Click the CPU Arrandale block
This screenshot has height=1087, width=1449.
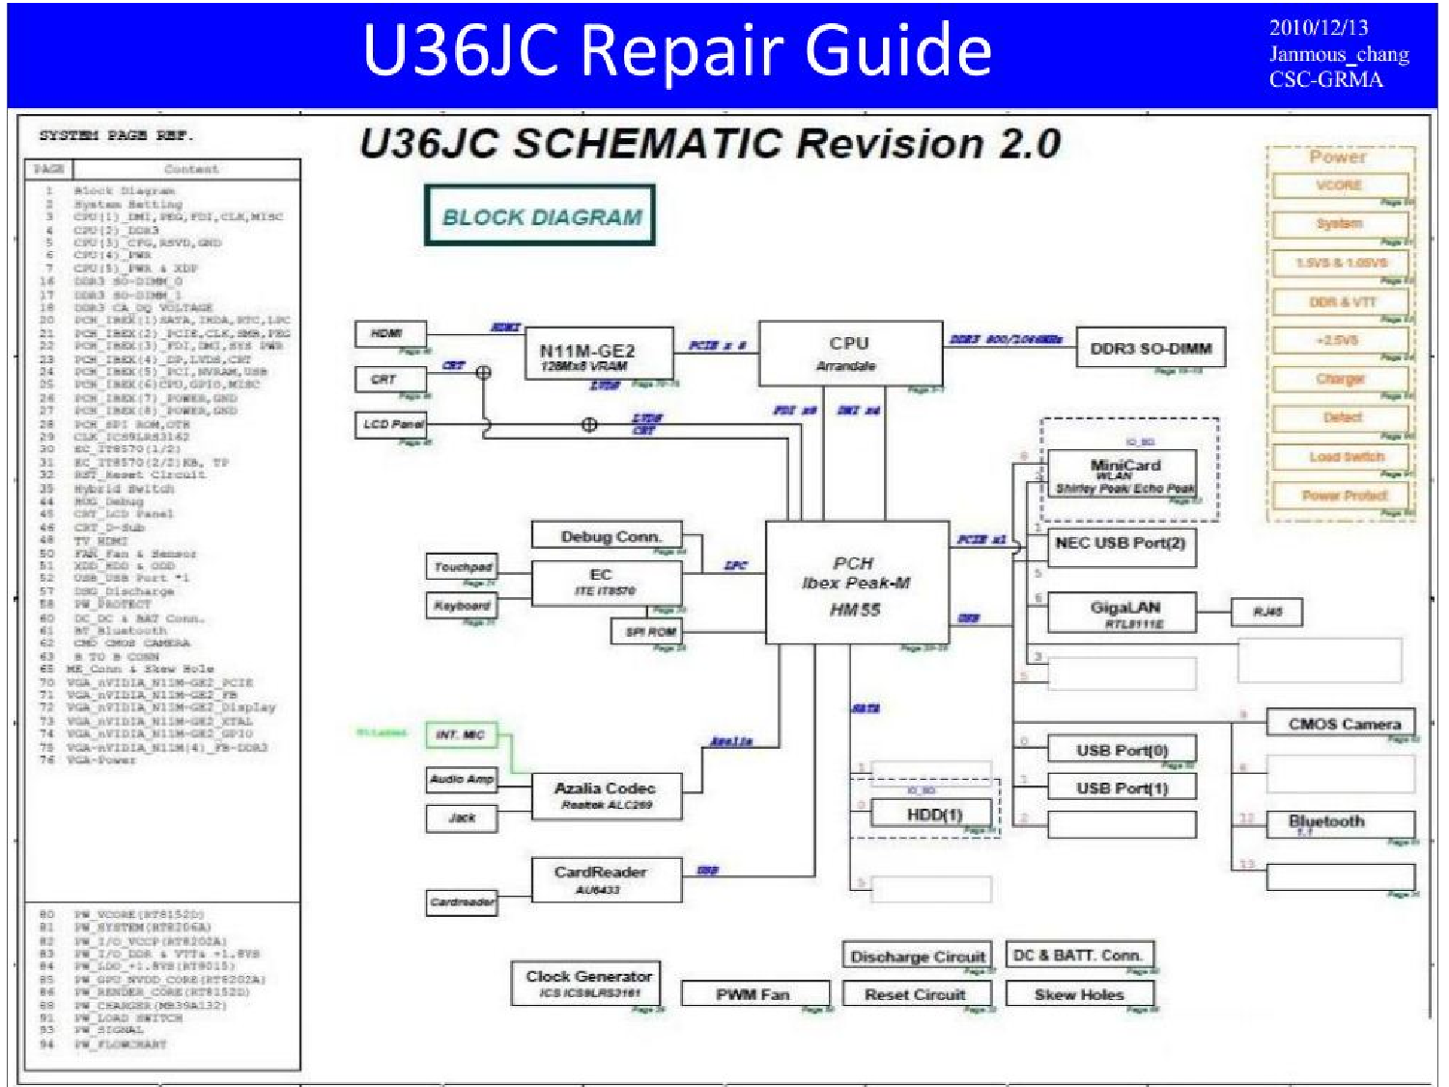(849, 354)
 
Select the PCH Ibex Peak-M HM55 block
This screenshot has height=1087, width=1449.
(856, 584)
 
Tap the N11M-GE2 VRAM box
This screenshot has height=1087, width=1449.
(598, 355)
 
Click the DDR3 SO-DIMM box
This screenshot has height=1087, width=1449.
(1150, 349)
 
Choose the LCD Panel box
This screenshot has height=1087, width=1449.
(391, 424)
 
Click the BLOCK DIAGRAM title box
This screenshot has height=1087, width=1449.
(541, 216)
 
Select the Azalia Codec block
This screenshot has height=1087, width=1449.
(606, 795)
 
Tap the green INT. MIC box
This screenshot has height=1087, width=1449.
(461, 735)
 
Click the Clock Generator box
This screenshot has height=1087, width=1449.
(587, 983)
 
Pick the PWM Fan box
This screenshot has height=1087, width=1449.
(754, 993)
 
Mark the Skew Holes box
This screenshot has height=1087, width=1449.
(1079, 993)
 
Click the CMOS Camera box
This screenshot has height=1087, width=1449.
(1342, 723)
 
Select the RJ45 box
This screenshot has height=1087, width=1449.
(1266, 612)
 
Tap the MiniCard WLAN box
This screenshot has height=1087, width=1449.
(1122, 473)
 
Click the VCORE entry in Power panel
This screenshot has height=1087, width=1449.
(1339, 185)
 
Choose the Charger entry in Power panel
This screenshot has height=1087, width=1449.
(1339, 379)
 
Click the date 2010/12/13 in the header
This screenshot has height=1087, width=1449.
(1318, 27)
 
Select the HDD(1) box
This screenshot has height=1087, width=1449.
(932, 814)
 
